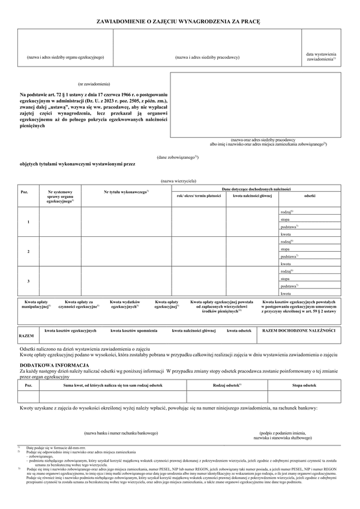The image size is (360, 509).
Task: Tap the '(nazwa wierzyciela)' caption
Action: point(178,180)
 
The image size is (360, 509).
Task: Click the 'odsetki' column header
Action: point(310,195)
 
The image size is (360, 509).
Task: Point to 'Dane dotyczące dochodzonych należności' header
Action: point(256,188)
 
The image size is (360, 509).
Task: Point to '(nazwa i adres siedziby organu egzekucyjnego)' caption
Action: point(65,57)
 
